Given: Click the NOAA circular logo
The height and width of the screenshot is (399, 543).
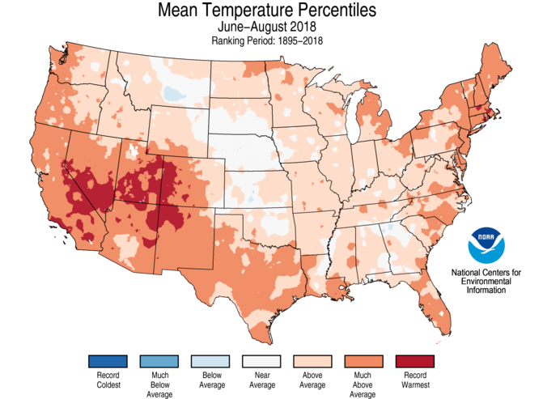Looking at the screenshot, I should pos(486,243).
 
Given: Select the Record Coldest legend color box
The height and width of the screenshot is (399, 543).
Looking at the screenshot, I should pos(108,361).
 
